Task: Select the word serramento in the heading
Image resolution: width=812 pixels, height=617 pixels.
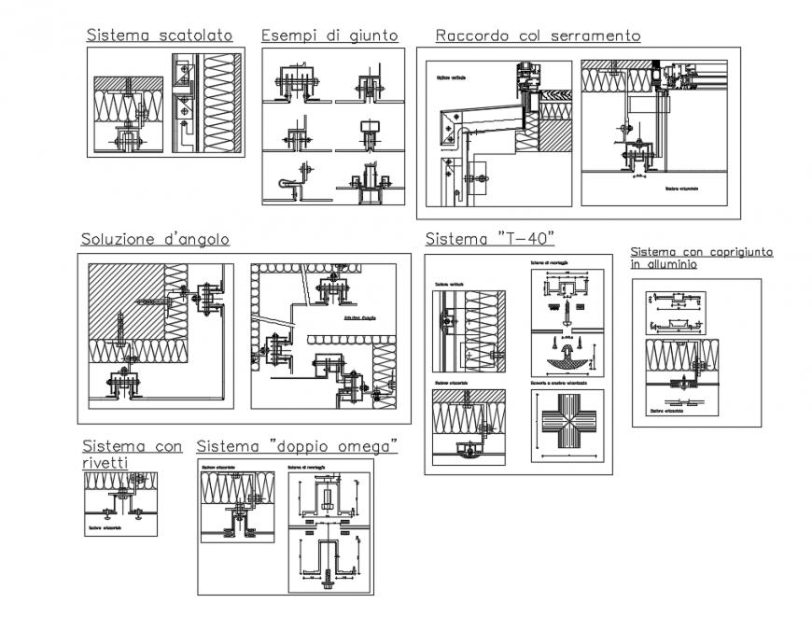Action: point(595,35)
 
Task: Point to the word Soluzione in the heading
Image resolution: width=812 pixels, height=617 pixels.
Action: point(119,240)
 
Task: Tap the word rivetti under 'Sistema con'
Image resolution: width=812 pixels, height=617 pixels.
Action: point(105,461)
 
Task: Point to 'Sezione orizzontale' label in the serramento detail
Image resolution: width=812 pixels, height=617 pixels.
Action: point(684,188)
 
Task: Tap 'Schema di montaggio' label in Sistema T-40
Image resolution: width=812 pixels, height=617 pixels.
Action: point(549,264)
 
